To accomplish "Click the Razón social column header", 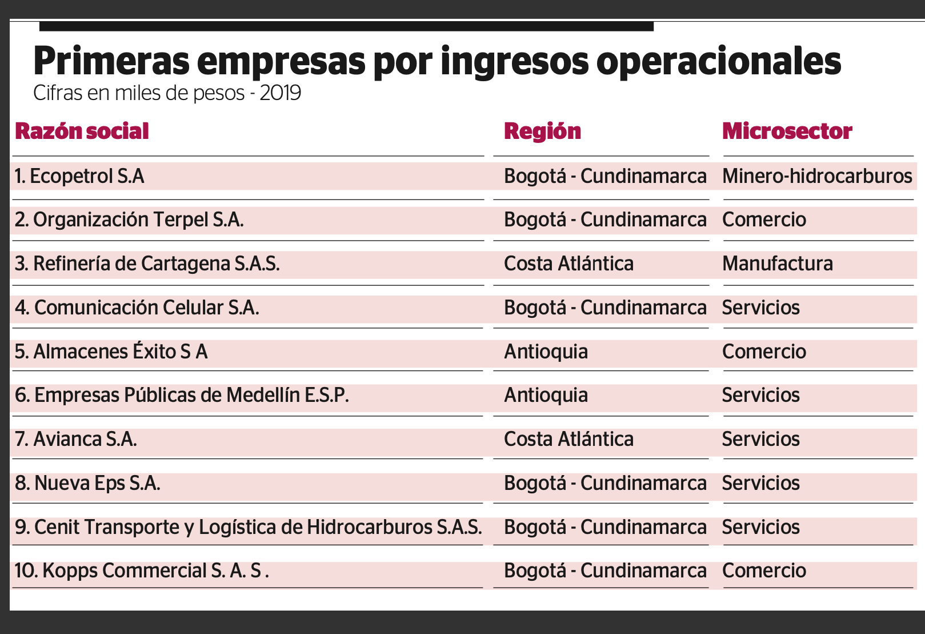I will point(82,131).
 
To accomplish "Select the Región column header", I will point(542,131).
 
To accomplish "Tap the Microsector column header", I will point(787,131).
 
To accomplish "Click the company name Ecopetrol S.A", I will point(79,176).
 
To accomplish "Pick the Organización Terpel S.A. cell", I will point(129,220).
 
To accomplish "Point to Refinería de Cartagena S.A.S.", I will point(147,264).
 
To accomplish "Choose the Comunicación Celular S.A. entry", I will point(137,308).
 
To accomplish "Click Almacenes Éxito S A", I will point(111,352).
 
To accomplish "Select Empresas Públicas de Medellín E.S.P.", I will point(182,396).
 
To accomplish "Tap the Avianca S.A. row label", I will point(76,440).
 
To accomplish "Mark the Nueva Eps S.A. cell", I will point(87,484).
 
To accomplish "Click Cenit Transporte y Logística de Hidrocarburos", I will point(249,527).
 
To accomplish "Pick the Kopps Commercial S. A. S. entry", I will point(141,571).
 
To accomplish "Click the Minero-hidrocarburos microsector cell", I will point(817,176).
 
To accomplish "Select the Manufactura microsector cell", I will point(777,264).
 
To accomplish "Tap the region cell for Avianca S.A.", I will point(568,440).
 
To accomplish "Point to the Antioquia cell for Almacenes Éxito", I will point(546,352).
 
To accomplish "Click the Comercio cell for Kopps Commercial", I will point(764,571).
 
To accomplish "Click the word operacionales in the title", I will point(718,61).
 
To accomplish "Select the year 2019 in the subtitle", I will point(280,93).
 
